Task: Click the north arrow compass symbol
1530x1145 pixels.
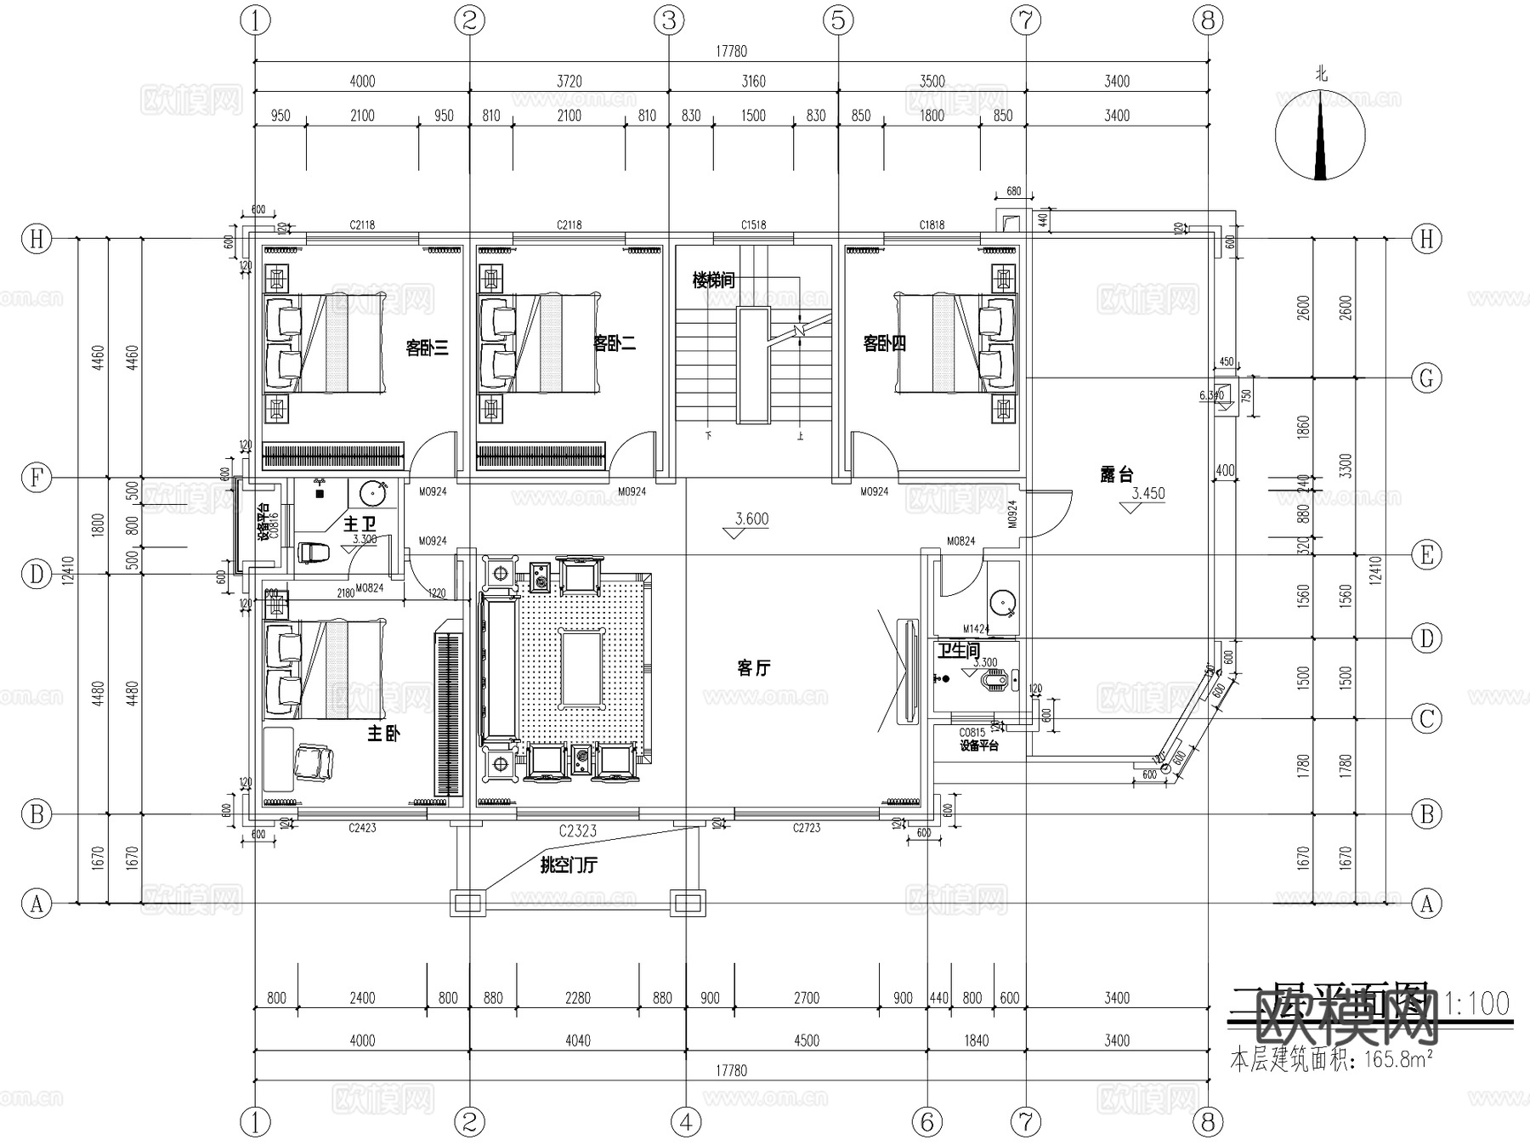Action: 1320,136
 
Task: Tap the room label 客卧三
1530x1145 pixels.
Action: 427,348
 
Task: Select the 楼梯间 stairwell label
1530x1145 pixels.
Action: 713,280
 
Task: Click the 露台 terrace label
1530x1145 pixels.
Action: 1116,475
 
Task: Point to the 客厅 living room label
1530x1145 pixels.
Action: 753,668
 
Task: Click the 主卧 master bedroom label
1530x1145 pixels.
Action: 383,733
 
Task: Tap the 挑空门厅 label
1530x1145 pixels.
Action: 569,865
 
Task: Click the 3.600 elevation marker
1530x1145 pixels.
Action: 751,519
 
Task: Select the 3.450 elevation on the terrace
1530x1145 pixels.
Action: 1147,493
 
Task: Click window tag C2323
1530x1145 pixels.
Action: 577,830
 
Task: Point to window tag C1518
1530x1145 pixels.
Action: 753,225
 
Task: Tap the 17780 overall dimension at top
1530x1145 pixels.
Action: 731,51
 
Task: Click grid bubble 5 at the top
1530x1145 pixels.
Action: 838,20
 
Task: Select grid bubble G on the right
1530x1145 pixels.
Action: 1426,377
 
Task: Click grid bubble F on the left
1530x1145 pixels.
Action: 37,478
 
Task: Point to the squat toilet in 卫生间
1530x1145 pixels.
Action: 995,680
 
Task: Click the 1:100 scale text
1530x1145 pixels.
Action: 1477,1004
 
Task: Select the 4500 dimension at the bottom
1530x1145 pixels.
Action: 806,1040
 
